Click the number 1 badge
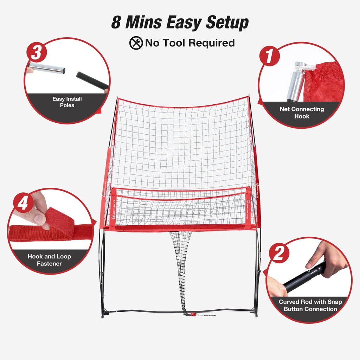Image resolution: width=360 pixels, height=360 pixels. point(270,57)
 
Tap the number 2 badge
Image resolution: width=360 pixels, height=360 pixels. point(279,253)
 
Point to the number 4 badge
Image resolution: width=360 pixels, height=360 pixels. point(23,203)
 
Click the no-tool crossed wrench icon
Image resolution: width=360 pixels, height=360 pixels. point(136,43)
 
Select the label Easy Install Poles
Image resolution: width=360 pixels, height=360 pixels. point(67,102)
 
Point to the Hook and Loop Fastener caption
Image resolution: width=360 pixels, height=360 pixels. point(49,260)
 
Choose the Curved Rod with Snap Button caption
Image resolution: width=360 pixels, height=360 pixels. point(310,305)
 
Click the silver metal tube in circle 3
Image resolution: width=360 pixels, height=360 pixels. point(47,68)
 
